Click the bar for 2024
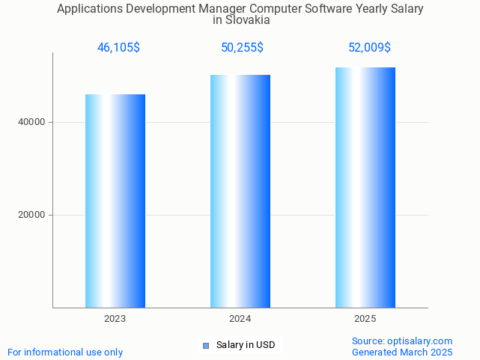point(240,191)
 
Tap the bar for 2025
point(365,187)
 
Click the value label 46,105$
point(118,48)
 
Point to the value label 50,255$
point(242,48)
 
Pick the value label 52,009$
point(369,48)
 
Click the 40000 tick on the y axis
point(32,122)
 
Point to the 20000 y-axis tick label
point(32,215)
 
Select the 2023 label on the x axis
point(115,319)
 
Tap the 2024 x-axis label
point(240,319)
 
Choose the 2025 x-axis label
point(365,319)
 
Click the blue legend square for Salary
point(206,346)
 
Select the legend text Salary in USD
point(246,345)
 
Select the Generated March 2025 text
point(402,352)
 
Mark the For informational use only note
point(65,352)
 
